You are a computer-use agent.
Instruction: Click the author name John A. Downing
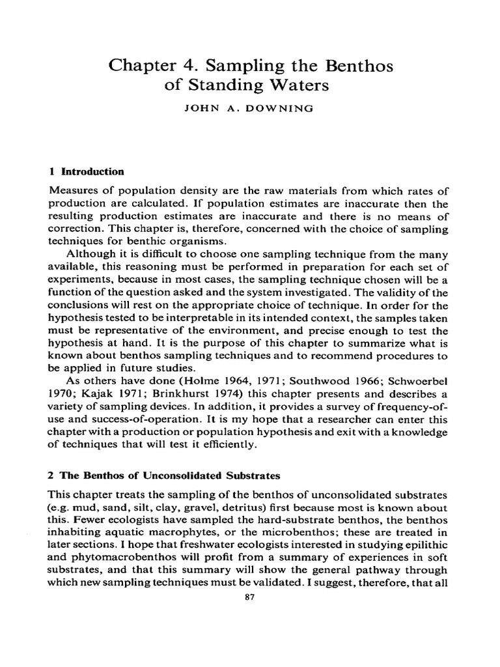pyautogui.click(x=250, y=109)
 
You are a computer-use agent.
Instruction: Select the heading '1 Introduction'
pyautogui.click(x=87, y=172)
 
